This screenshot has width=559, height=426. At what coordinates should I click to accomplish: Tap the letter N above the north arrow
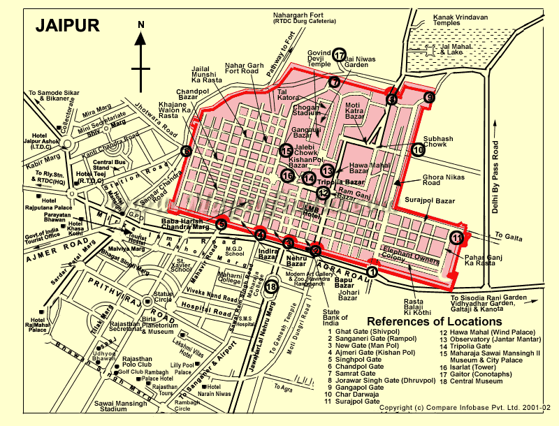pyautogui.click(x=141, y=24)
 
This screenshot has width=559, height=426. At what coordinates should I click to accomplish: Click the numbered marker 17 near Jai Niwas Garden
pyautogui.click(x=340, y=56)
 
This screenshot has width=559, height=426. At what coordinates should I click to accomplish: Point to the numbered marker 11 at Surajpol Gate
pyautogui.click(x=457, y=237)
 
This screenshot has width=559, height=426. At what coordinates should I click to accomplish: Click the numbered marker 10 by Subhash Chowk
pyautogui.click(x=418, y=149)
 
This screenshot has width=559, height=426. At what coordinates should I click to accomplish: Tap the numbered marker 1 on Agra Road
pyautogui.click(x=372, y=272)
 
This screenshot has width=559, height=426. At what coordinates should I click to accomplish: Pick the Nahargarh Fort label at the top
pyautogui.click(x=303, y=17)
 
